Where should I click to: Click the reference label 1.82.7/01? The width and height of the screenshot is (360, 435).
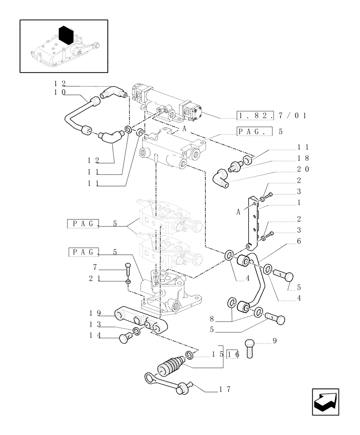(x=272, y=116)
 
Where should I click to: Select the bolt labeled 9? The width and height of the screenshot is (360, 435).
(x=250, y=348)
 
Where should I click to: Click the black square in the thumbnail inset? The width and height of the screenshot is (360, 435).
(x=64, y=35)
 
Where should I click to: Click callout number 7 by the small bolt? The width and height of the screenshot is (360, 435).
(x=95, y=266)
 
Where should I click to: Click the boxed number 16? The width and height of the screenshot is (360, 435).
(x=233, y=355)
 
